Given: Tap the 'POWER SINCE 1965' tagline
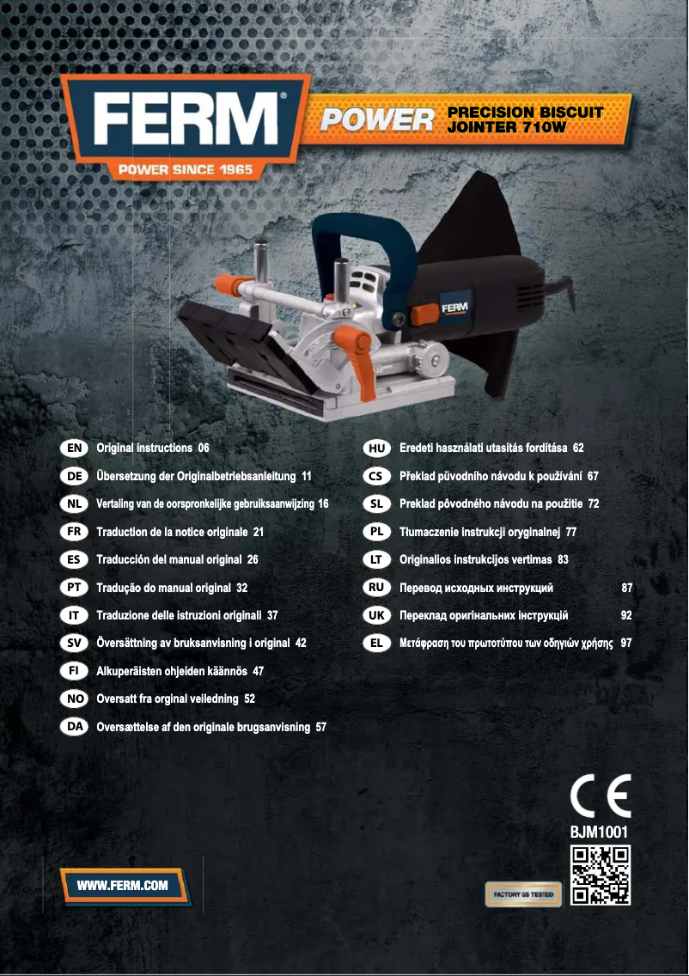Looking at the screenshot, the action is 186,169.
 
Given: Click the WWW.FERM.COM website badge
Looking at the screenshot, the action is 123,885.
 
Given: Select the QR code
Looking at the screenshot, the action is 600,875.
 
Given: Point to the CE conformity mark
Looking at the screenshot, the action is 601,796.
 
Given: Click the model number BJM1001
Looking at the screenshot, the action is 599,832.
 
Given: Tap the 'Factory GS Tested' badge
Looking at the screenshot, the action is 523,894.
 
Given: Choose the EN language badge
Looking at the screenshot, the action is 74,448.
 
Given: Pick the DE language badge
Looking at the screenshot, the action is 74,476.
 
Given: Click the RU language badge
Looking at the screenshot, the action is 376,588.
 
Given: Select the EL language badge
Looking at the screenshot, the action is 376,643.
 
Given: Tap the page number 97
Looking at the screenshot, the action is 626,643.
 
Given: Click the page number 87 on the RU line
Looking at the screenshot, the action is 627,588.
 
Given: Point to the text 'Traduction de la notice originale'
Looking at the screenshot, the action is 172,532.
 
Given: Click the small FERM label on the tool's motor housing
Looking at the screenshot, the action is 454,308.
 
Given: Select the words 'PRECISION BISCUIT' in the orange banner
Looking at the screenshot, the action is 526,113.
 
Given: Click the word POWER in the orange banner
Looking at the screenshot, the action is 377,119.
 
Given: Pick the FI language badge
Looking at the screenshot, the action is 74,671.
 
